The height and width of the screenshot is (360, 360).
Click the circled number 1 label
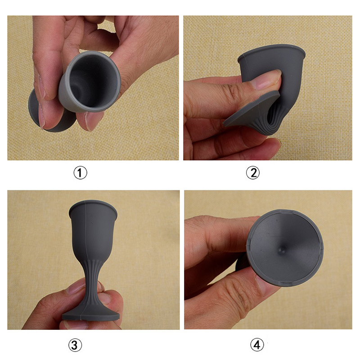pyautogui.click(x=81, y=173)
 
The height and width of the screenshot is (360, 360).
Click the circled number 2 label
pyautogui.click(x=253, y=173)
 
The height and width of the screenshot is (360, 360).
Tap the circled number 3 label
pyautogui.click(x=75, y=345)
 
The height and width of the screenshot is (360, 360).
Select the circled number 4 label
pyautogui.click(x=257, y=345)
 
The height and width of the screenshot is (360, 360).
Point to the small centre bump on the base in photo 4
pyautogui.click(x=282, y=250)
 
